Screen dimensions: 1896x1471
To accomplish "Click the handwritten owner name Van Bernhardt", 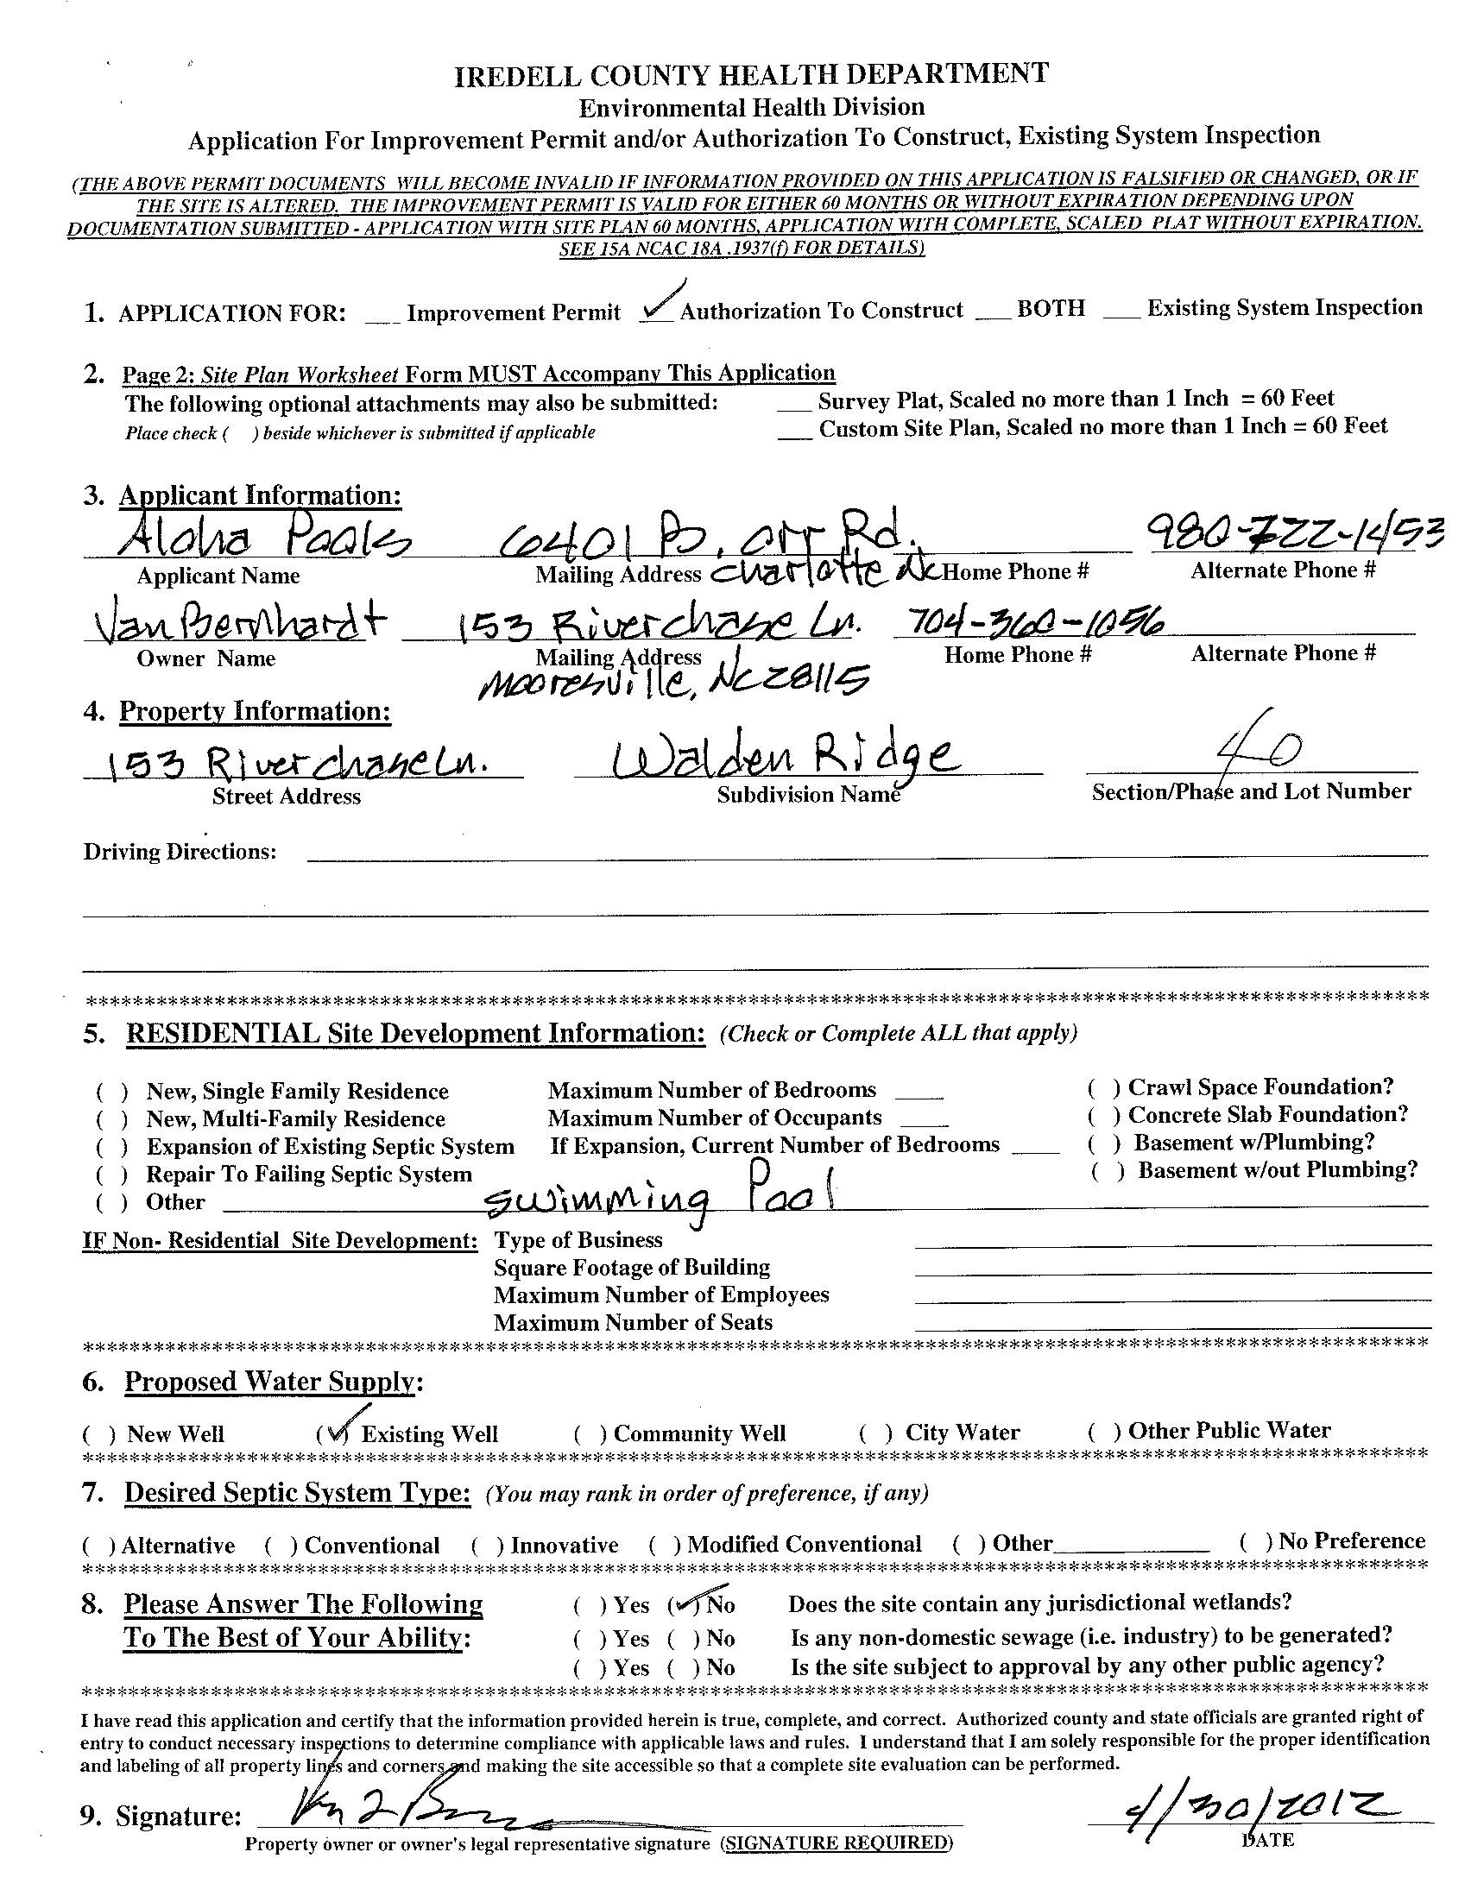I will pyautogui.click(x=236, y=623).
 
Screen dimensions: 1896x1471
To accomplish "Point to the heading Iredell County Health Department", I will pyautogui.click(x=751, y=76).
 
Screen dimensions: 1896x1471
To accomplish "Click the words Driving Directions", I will pyautogui.click(x=180, y=852).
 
